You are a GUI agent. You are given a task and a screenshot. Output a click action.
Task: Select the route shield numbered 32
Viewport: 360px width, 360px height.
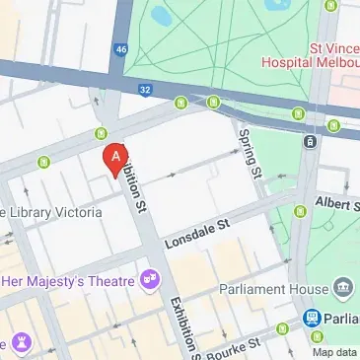(x=144, y=90)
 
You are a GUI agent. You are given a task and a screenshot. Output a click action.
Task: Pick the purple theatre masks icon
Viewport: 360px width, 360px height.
(x=150, y=281)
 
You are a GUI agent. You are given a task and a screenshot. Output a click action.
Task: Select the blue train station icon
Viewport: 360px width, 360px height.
(x=312, y=319)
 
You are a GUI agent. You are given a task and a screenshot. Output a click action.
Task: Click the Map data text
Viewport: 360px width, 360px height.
(x=333, y=352)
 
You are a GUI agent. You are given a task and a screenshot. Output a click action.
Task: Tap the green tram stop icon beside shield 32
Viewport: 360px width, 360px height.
(x=181, y=102)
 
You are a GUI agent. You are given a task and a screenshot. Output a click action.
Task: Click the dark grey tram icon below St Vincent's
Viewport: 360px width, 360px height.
(x=311, y=142)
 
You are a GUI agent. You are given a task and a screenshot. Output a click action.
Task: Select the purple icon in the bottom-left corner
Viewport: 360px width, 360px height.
(x=22, y=342)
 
